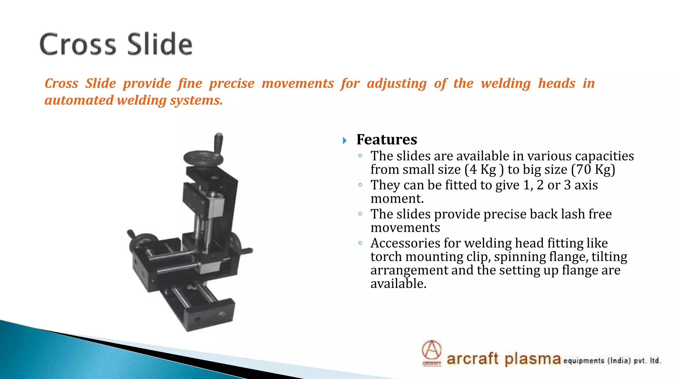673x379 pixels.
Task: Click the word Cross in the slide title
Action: point(78,44)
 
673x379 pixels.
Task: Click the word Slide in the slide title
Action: point(160,44)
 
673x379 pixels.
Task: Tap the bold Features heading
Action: point(387,140)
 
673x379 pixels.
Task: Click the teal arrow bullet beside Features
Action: point(344,141)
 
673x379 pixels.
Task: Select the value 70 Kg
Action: point(593,170)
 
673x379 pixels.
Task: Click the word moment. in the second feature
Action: point(397,199)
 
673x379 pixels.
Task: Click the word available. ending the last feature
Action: point(398,284)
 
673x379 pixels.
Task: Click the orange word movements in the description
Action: point(298,83)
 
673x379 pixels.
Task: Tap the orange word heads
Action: point(557,83)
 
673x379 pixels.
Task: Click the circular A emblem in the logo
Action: point(431,350)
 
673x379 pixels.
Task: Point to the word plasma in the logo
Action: point(532,359)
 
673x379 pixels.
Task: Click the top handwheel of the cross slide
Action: point(203,158)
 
